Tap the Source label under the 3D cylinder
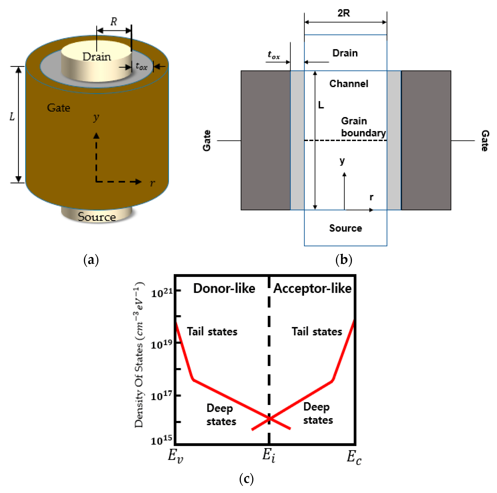(x=97, y=217)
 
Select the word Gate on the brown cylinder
(x=59, y=108)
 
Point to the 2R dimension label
(x=344, y=13)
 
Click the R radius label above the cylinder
(x=114, y=22)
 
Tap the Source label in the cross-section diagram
(x=346, y=228)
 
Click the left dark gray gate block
(x=265, y=140)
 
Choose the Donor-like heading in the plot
(x=224, y=288)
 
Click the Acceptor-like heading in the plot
(x=312, y=288)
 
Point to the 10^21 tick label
(x=162, y=293)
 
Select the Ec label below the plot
(x=354, y=457)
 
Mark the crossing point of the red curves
(x=269, y=419)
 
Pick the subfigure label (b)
(x=344, y=260)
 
